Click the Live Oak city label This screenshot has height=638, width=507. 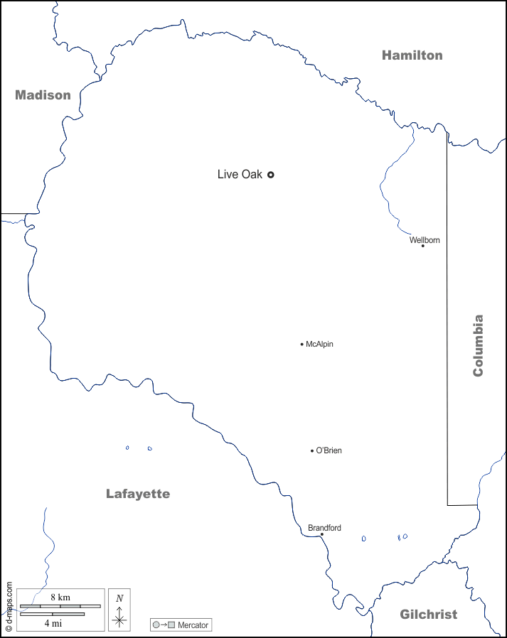(x=240, y=174)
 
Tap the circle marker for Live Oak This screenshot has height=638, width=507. (x=270, y=174)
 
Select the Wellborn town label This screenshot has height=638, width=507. (x=425, y=240)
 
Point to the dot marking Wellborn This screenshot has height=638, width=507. (x=422, y=246)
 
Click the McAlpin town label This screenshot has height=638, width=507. (x=319, y=344)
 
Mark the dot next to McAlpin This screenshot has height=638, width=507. (x=301, y=344)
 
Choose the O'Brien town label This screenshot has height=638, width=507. (x=329, y=450)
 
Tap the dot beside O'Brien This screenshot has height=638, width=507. (x=311, y=450)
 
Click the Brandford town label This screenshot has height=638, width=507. (x=324, y=528)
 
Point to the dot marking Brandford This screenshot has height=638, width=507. (x=321, y=534)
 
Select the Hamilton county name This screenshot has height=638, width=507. (x=412, y=55)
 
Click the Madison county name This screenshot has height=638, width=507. (x=43, y=95)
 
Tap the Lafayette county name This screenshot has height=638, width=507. (x=138, y=494)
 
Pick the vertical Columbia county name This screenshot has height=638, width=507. (x=478, y=345)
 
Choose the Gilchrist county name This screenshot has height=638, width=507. (x=428, y=615)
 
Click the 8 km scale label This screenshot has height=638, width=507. (x=60, y=598)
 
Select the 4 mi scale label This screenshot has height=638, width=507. (x=53, y=623)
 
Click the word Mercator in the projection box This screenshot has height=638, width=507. (x=193, y=625)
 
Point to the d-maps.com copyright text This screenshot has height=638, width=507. (x=9, y=607)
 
